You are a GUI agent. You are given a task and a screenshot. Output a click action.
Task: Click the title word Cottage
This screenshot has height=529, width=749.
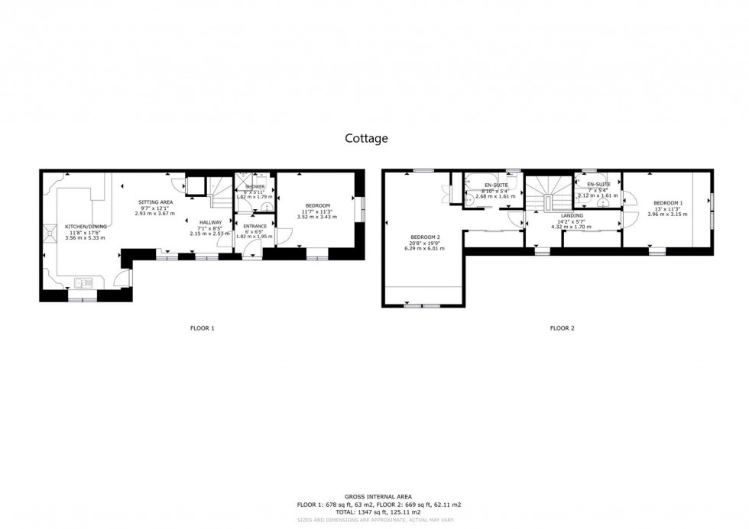pyautogui.click(x=366, y=138)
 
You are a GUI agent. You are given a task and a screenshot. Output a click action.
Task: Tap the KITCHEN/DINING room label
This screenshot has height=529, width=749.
pyautogui.click(x=86, y=227)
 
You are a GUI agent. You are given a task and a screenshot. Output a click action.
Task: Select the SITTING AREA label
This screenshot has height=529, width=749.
pyautogui.click(x=155, y=202)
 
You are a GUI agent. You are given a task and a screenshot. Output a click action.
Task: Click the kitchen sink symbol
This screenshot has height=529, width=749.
pyautogui.click(x=84, y=283)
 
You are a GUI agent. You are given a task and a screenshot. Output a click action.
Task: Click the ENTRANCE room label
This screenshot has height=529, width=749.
pyautogui.click(x=255, y=226)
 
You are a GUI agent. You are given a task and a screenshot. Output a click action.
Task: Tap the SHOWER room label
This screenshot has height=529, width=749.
pyautogui.click(x=255, y=186)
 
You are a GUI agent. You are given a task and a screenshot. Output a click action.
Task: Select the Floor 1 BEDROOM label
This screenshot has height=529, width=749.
pyautogui.click(x=317, y=206)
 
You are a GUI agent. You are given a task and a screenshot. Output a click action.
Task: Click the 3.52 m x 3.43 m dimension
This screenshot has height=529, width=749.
pyautogui.click(x=317, y=218)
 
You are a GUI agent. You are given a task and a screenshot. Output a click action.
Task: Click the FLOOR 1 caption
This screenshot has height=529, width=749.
pyautogui.click(x=202, y=328)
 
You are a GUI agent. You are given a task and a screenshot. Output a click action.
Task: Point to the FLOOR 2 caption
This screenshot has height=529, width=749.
pyautogui.click(x=562, y=328)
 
